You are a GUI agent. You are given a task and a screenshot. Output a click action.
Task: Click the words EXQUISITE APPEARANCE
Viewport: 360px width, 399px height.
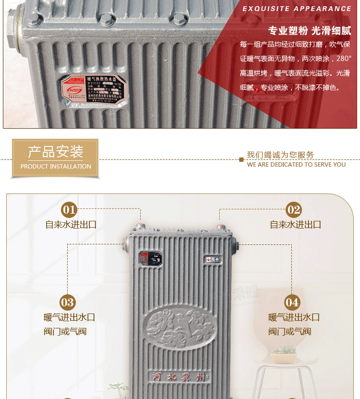[297, 9]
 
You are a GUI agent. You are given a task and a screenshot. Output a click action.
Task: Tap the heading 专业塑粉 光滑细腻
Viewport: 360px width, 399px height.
[309, 31]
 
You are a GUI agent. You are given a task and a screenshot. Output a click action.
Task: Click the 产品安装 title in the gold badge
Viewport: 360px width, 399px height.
[55, 152]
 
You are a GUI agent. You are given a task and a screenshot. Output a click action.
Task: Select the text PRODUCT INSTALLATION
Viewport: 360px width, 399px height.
[56, 167]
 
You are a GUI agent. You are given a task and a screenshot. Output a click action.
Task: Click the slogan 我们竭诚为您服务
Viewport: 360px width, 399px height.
[280, 155]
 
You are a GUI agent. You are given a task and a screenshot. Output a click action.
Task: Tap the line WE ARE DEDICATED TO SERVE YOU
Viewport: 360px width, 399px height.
[296, 164]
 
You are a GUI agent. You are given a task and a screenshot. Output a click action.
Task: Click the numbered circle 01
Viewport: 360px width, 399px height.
[69, 209]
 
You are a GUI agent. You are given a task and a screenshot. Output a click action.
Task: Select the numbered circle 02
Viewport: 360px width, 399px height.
[293, 209]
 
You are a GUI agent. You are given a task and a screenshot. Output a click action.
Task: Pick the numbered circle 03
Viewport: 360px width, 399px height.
[68, 302]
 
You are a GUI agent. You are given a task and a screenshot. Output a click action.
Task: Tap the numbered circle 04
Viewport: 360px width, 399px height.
[292, 302]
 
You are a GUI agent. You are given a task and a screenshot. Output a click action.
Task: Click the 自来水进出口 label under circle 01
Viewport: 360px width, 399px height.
[71, 224]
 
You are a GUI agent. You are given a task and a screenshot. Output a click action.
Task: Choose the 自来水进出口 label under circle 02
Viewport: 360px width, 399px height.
[296, 224]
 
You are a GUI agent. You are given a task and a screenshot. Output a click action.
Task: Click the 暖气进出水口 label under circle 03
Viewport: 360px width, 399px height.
[69, 317]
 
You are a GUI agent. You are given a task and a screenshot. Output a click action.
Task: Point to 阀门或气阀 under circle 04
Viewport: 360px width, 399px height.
[289, 331]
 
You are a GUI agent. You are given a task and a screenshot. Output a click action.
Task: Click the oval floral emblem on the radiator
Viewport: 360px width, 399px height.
[180, 329]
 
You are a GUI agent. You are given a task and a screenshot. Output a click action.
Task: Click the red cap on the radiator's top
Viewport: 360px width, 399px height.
[221, 227]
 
